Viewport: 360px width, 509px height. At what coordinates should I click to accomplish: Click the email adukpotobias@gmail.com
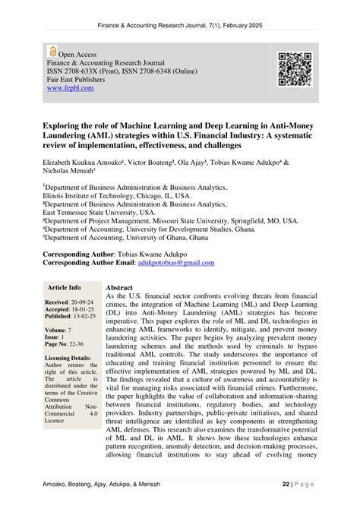[x=175, y=263]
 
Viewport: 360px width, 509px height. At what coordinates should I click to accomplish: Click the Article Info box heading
[x=64, y=289]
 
